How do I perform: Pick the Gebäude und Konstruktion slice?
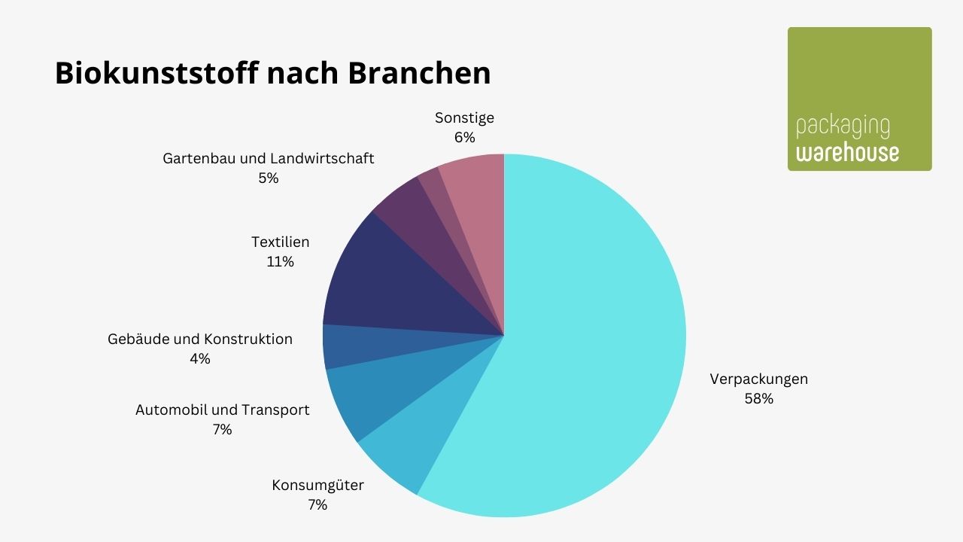coord(346,346)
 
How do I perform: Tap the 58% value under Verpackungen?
coord(758,399)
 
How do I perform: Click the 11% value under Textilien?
coord(280,262)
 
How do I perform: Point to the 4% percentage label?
coord(200,359)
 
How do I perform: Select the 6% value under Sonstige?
coord(464,138)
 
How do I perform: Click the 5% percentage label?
coord(268,178)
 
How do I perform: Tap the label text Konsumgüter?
coord(317,485)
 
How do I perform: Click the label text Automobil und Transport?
coord(222,410)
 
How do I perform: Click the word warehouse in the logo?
coord(847,153)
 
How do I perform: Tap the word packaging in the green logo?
coord(843,129)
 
